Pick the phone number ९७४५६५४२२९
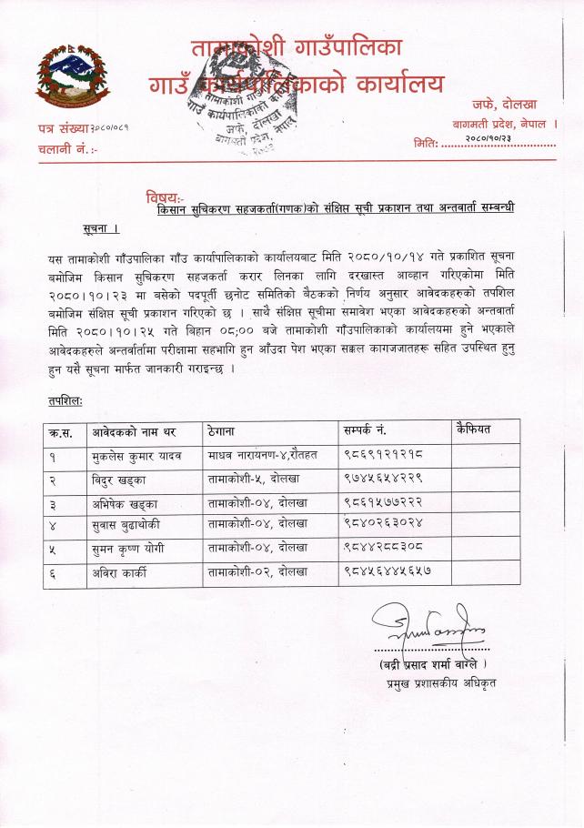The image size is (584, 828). click(x=384, y=477)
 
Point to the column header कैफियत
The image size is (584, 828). click(x=473, y=428)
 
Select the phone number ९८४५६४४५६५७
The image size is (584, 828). click(x=388, y=572)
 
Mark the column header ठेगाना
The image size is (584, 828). click(x=224, y=429)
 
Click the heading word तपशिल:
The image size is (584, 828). click(x=65, y=399)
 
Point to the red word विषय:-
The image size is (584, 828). click(x=165, y=197)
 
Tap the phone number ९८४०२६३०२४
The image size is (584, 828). click(x=384, y=524)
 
